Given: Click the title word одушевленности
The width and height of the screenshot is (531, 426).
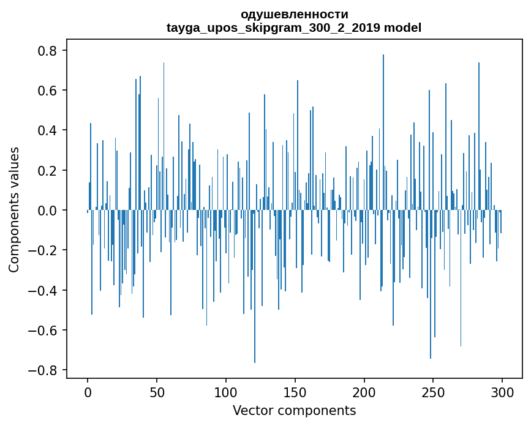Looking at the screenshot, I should point(294,14).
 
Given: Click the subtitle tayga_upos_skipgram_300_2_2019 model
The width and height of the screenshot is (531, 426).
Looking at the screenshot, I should point(294,28).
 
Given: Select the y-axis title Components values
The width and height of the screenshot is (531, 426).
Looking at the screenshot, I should point(13,209).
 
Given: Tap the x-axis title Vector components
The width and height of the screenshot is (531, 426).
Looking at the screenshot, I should point(294,410).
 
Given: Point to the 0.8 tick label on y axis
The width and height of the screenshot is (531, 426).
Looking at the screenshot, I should point(48,51).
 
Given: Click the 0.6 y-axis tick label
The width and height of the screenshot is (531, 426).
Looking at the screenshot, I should point(48,91).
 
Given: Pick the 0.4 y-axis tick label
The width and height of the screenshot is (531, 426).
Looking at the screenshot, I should point(48,130).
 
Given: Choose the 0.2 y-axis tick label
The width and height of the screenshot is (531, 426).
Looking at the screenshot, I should point(48,170).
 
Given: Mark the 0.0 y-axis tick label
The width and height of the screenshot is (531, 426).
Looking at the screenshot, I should point(48,211).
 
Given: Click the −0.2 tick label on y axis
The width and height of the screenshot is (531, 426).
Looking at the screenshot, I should point(44,250).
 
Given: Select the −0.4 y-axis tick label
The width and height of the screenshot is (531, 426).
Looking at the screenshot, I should point(44,290).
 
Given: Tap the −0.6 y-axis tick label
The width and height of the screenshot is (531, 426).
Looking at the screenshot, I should point(44,331).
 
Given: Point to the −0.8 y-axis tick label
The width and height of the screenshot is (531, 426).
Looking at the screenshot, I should point(44,370).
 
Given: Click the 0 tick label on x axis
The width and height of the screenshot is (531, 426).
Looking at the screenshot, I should point(88,391).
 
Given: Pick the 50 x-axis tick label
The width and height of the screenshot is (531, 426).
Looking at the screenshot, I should point(157,391).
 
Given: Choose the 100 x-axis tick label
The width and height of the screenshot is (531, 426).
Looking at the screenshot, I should point(226,391).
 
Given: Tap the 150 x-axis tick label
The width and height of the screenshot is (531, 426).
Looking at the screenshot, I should point(295,391).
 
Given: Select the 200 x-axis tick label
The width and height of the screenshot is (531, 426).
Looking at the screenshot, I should point(364,391).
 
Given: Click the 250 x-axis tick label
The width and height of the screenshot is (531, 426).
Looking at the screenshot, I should point(433,391).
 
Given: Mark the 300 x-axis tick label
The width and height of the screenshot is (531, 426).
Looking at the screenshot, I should point(502,391).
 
